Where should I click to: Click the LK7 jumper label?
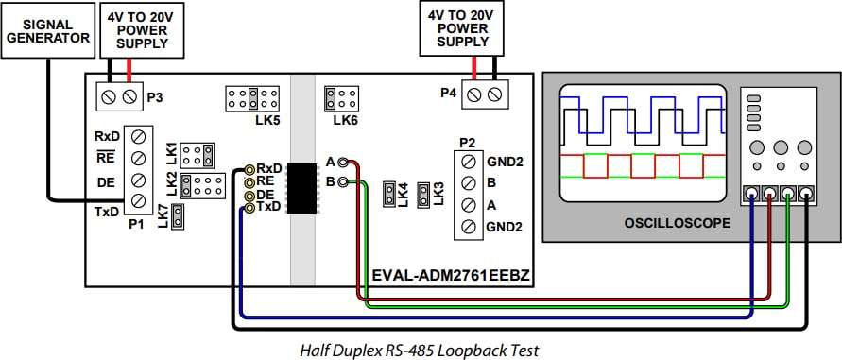point(163,218)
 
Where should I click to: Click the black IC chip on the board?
point(301,187)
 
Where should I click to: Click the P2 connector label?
point(467,142)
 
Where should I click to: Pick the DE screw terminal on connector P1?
point(138,179)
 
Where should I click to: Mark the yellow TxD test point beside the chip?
point(249,207)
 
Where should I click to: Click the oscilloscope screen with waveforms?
point(642,143)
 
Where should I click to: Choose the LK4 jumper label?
point(404,194)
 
